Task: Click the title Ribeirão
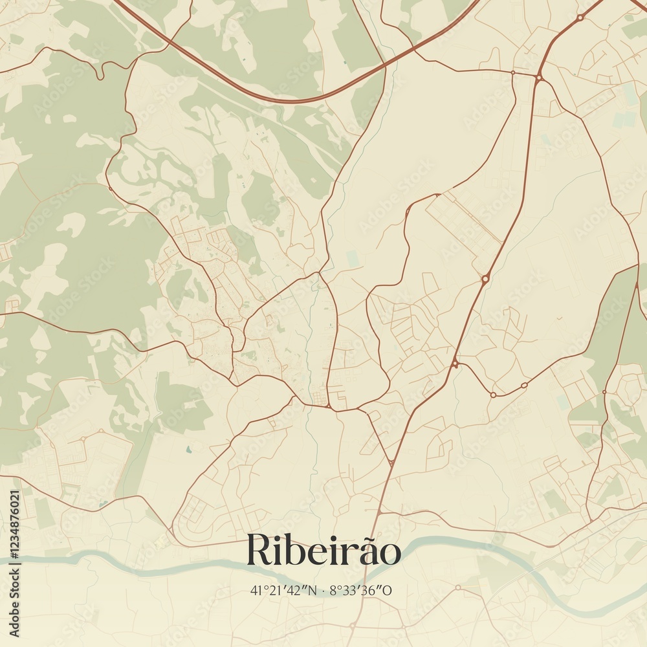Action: click(323, 551)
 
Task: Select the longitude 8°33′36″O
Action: click(362, 590)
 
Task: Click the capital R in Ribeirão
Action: click(259, 551)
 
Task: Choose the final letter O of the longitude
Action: click(388, 590)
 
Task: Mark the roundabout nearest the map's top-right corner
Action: click(580, 18)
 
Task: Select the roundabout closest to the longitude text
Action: click(457, 587)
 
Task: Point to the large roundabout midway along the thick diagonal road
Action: click(485, 279)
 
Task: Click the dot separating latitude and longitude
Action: click(322, 590)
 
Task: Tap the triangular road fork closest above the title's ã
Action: click(391, 463)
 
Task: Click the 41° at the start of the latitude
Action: click(256, 590)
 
